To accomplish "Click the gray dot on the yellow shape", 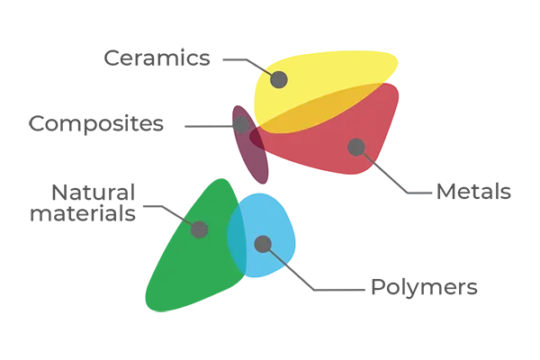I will [279, 79].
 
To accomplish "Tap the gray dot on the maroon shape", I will [241, 125].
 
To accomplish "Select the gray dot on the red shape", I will [355, 146].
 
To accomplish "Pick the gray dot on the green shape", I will [200, 229].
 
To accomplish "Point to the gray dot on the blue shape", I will [263, 243].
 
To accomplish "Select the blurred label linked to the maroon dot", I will [99, 125].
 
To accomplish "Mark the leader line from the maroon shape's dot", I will [207, 125].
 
